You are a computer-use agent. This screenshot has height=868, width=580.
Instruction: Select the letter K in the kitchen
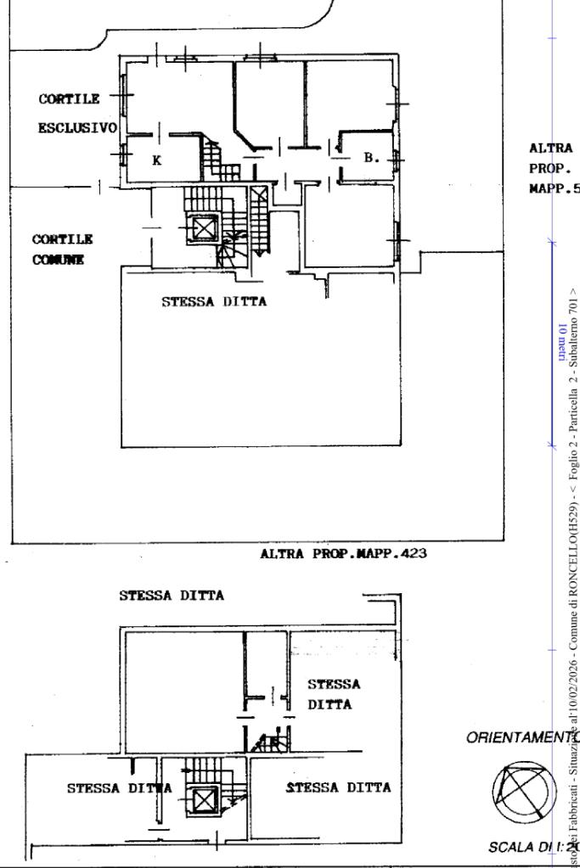(x=156, y=160)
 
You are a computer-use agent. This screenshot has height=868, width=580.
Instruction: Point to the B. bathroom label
(x=371, y=157)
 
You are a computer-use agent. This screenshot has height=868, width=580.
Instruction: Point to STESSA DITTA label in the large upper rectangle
(x=214, y=301)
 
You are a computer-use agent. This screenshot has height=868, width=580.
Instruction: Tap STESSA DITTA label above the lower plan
(x=172, y=596)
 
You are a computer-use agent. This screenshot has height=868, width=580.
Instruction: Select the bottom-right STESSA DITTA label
(x=338, y=787)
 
